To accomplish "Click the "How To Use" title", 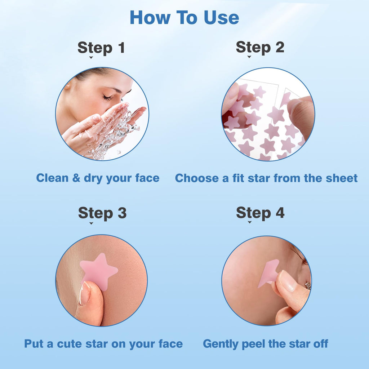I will pos(184,18).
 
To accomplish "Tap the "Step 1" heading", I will pos(101,48).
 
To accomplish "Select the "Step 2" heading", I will pos(260,47).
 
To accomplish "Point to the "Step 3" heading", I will pos(102,213).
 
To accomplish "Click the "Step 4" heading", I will pos(260,213).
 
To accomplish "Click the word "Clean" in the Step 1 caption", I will pos(53,178).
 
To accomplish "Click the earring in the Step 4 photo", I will pos(308,286).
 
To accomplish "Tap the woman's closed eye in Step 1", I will pos(108,98).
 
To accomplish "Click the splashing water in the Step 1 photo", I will pos(119,133).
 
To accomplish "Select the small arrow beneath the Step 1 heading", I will pos(91,58).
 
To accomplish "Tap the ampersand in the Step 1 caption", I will pos(76,178).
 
